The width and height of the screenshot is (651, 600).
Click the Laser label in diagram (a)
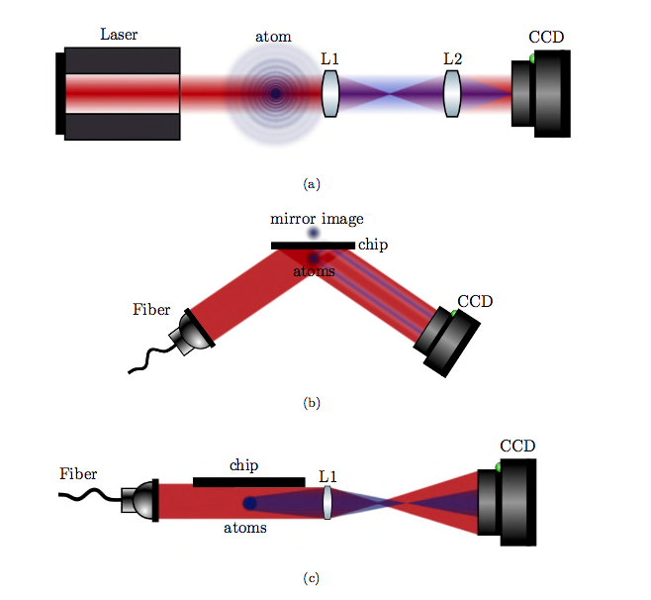(119, 35)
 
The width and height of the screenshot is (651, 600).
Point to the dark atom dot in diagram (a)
(275, 94)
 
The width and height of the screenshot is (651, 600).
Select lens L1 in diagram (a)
(330, 94)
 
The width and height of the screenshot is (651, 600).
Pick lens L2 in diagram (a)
(452, 94)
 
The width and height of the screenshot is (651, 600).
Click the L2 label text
(452, 58)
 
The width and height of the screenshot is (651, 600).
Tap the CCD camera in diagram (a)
(541, 91)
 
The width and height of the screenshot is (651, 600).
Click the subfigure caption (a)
(313, 183)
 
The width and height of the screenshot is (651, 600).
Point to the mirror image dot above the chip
(314, 234)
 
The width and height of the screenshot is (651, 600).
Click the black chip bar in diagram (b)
(313, 245)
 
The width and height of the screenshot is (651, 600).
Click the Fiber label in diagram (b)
(151, 310)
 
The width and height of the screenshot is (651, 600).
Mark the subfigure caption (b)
(313, 403)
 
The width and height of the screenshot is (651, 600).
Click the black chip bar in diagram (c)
(248, 482)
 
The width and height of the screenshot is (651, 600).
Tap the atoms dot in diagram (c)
(249, 503)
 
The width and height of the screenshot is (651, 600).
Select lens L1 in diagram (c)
(327, 502)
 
